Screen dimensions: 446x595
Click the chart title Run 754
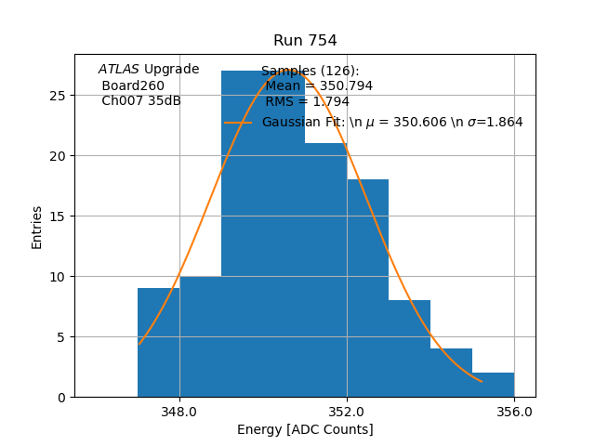305,41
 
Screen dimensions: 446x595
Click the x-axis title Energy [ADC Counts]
305,429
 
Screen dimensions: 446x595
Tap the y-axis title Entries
37,227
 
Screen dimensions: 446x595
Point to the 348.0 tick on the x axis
179,412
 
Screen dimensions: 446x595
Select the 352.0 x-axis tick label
347,412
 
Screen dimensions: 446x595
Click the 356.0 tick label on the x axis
514,412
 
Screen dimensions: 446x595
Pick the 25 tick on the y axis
58,95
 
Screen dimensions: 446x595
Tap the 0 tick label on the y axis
61,397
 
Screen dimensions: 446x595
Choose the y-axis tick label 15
58,216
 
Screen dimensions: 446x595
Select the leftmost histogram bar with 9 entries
158,343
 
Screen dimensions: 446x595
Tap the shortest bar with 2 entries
493,385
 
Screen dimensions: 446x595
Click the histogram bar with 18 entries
367,288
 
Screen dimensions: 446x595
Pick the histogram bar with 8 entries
409,348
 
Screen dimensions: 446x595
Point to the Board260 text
133,85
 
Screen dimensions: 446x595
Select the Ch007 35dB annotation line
141,101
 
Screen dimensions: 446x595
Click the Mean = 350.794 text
319,85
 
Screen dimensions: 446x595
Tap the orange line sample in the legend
238,122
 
